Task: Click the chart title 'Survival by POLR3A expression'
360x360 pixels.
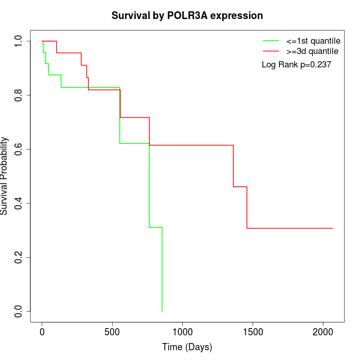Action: (187, 16)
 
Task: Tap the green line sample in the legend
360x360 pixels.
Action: (271, 41)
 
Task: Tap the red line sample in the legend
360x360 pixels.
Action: (271, 51)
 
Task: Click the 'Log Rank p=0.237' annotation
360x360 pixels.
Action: (296, 65)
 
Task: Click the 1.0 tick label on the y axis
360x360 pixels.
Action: (19, 41)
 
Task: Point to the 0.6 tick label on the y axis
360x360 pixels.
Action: (19, 149)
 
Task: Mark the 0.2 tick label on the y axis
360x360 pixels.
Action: (19, 257)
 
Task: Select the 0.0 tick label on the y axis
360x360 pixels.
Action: (19, 311)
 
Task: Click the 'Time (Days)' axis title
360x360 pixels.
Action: (187, 347)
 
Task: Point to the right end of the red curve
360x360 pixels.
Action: (333, 228)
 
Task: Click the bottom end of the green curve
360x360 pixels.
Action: (162, 311)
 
